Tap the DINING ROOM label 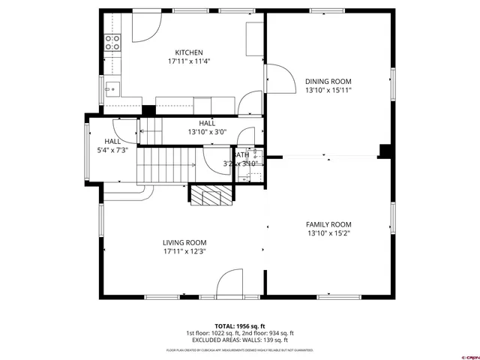328,81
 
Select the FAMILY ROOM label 328,224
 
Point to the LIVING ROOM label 184,242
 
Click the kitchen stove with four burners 112,43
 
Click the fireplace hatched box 210,196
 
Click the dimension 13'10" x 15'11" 328,90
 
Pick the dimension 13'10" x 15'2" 328,233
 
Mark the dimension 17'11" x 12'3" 184,251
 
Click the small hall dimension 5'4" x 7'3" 112,150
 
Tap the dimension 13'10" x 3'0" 207,132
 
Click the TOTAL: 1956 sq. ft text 239,325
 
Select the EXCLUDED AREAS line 239,340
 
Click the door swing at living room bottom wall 228,285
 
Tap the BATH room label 241,154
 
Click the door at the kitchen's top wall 145,26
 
